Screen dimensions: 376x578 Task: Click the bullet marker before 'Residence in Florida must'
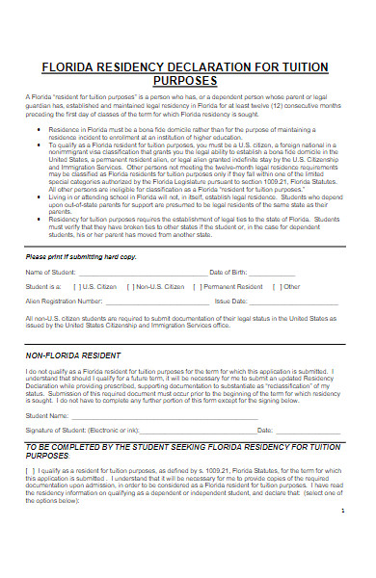[37, 126]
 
